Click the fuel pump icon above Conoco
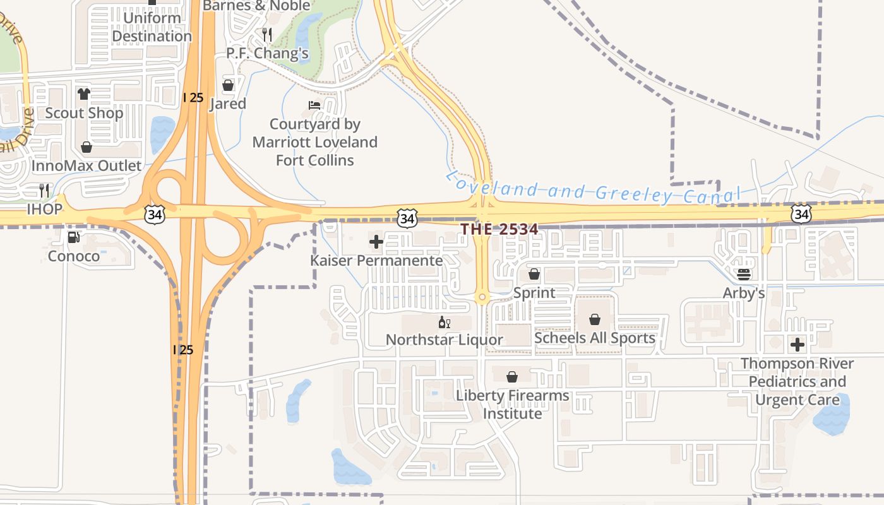[74, 237]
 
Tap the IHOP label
[44, 209]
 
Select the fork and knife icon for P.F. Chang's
[267, 34]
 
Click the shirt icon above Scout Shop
[84, 94]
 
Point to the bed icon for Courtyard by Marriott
[314, 105]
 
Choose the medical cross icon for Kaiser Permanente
[376, 241]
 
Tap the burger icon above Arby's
[743, 274]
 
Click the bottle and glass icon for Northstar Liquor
[444, 323]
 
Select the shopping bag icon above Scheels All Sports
[594, 319]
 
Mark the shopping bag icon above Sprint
[534, 274]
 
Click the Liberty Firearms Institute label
[512, 405]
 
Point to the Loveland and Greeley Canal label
[592, 188]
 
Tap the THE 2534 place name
[499, 229]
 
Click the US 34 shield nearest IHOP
[154, 214]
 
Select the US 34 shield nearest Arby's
[801, 214]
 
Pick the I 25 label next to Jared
[193, 97]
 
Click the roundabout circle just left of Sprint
[482, 297]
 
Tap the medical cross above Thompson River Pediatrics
[797, 345]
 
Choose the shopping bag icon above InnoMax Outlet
[87, 147]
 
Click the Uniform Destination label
[152, 27]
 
